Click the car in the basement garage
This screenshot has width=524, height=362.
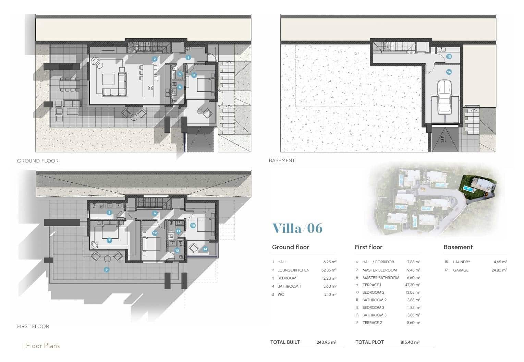[x=444, y=97]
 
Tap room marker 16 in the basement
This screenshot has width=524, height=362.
[x=449, y=72]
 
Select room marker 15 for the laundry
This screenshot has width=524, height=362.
[x=449, y=56]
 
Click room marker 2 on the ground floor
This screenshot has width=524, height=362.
[x=155, y=59]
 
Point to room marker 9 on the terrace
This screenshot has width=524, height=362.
[x=107, y=269]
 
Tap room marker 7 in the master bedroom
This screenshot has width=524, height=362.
[x=109, y=240]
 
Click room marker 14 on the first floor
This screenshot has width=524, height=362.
[x=205, y=249]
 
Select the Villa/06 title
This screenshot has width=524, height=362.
[x=297, y=228]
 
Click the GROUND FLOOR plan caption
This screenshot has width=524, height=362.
[x=38, y=161]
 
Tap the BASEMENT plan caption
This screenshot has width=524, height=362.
[x=282, y=160]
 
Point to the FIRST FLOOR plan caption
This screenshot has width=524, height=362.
[x=33, y=326]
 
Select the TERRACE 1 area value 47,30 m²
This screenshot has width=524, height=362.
[x=413, y=285]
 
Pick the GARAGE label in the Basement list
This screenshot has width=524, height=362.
[x=461, y=270]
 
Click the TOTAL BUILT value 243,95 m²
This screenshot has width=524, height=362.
[x=326, y=342]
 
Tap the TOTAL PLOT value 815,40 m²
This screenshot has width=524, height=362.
[x=410, y=342]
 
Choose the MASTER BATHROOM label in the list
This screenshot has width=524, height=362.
[x=380, y=278]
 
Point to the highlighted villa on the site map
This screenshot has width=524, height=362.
[x=478, y=187]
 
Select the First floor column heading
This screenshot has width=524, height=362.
[x=368, y=247]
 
